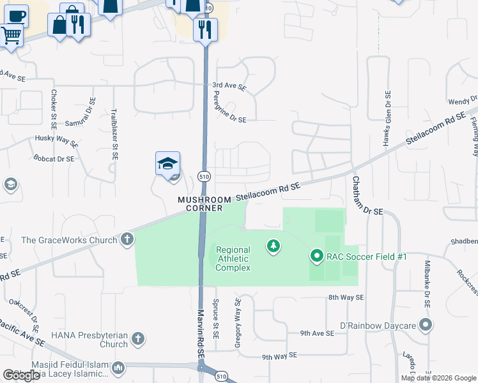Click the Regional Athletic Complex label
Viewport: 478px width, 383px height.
(x=233, y=259)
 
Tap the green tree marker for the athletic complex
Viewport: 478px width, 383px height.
(x=274, y=246)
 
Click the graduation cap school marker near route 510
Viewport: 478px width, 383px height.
(x=167, y=164)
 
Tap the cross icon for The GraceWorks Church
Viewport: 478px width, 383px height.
(x=127, y=239)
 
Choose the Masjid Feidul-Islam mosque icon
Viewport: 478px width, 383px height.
(x=118, y=368)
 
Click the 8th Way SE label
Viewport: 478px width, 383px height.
(x=346, y=297)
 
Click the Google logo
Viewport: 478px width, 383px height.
(x=21, y=375)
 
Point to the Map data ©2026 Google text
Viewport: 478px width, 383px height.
(x=438, y=378)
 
